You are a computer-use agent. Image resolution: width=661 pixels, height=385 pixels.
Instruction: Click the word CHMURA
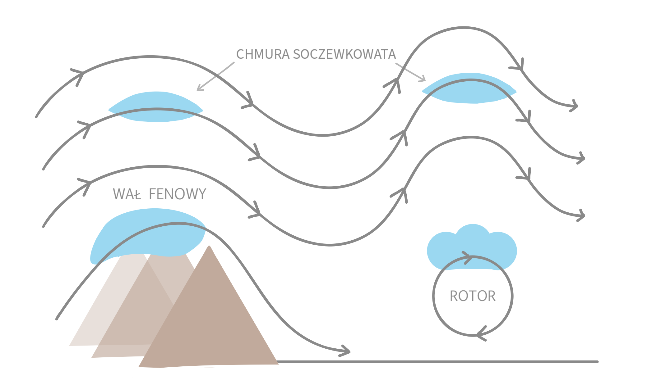(263, 54)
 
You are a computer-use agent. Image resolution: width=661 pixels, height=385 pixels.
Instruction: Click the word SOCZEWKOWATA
(344, 54)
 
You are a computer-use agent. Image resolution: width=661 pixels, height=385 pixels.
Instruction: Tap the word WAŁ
(127, 194)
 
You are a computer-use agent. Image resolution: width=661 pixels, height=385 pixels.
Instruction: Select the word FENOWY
(178, 194)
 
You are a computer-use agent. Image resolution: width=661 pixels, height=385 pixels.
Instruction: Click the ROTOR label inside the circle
(473, 296)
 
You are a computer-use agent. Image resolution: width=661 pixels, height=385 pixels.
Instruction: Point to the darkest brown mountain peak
(209, 248)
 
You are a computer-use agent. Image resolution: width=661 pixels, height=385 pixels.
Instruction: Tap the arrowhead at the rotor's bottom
(480, 335)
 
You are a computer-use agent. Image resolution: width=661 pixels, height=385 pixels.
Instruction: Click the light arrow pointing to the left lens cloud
(215, 77)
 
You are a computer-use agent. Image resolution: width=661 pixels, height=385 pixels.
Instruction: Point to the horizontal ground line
(435, 362)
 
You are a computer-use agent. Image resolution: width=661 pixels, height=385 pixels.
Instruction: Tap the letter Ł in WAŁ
(137, 194)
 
